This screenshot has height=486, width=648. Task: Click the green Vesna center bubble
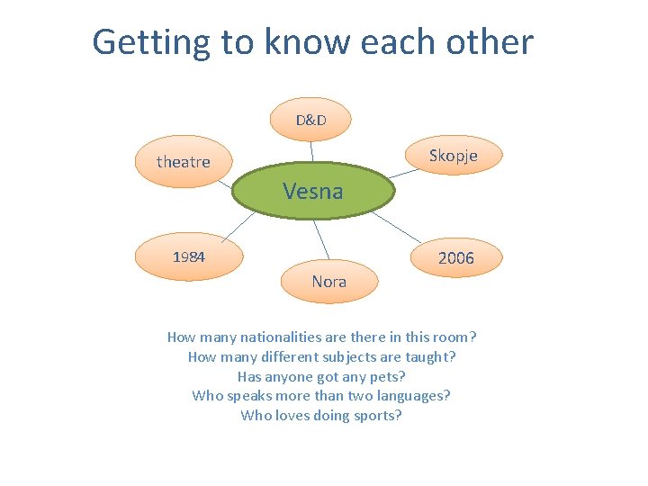(x=313, y=191)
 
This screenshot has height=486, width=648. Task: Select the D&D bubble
(x=311, y=120)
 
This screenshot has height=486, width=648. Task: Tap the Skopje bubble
(x=453, y=156)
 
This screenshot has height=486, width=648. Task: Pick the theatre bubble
(x=183, y=162)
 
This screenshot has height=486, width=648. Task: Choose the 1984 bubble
(x=189, y=256)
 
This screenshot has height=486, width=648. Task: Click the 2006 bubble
(x=455, y=258)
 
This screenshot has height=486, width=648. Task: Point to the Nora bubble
(x=328, y=282)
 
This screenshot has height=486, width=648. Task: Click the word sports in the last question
(x=378, y=416)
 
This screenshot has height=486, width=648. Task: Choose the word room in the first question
(x=454, y=337)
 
